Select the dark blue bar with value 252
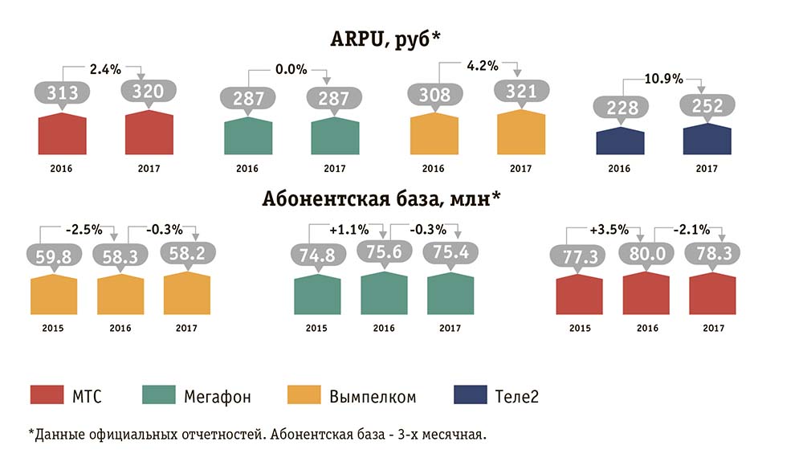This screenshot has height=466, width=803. point(707,140)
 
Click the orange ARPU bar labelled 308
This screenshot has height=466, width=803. point(433,134)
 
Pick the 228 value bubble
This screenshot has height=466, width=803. point(620,106)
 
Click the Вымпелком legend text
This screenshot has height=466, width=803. point(373,396)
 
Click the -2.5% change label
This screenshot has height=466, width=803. point(84,229)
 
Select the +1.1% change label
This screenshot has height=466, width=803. point(347,230)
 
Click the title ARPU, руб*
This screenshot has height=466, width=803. point(386,39)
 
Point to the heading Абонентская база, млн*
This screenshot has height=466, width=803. point(381,198)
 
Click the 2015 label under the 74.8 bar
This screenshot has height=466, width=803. point(317,328)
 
